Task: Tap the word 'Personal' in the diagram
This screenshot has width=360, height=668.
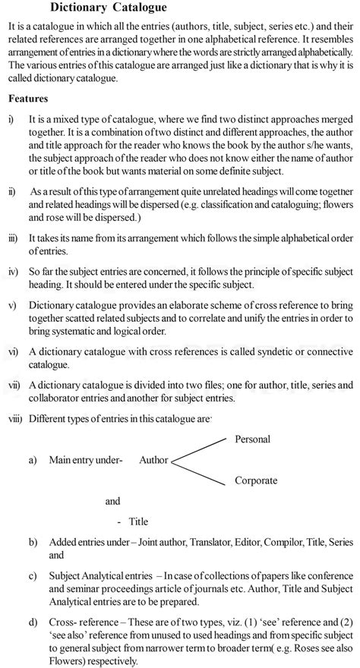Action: (x=253, y=439)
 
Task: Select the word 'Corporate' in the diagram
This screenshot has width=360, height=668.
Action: (x=256, y=481)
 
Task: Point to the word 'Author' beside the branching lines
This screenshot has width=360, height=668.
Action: (x=154, y=460)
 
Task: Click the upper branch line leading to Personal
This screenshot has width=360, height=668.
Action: (x=200, y=448)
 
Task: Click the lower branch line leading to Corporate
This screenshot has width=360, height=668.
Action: (x=200, y=471)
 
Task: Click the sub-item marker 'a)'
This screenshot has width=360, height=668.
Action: (x=33, y=460)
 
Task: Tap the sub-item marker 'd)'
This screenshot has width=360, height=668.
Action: (x=33, y=622)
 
